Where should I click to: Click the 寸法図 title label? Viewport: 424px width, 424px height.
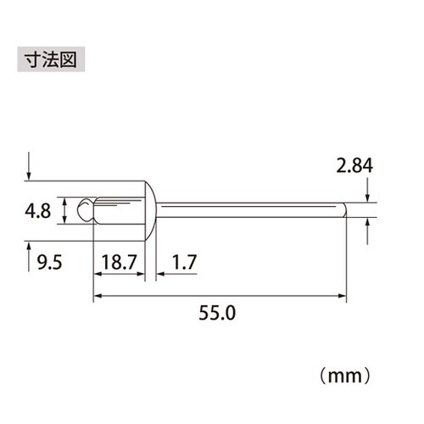click(x=50, y=62)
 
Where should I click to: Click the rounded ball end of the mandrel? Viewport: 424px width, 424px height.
click(x=84, y=209)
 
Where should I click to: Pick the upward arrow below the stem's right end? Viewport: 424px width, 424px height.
click(x=368, y=225)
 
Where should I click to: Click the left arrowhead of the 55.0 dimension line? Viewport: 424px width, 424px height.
click(x=97, y=296)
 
